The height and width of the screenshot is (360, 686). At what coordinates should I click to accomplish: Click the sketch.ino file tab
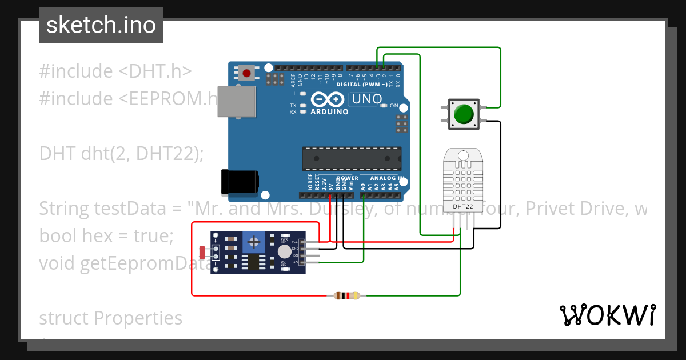pyautogui.click(x=101, y=25)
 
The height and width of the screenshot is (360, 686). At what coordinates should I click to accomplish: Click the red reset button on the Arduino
pyautogui.click(x=247, y=73)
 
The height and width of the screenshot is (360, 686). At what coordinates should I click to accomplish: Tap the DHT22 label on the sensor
pyautogui.click(x=462, y=206)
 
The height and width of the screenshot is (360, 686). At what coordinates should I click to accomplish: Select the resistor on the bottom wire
pyautogui.click(x=346, y=295)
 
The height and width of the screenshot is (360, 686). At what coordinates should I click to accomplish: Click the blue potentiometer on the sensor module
pyautogui.click(x=252, y=242)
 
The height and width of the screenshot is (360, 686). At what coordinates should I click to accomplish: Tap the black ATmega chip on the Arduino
pyautogui.click(x=351, y=159)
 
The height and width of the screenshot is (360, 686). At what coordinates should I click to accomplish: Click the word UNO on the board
pyautogui.click(x=366, y=99)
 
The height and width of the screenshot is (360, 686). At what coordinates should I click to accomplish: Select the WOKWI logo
pyautogui.click(x=607, y=315)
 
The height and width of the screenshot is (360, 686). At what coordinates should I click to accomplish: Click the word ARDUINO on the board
pyautogui.click(x=329, y=112)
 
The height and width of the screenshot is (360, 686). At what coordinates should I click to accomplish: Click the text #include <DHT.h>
pyautogui.click(x=115, y=71)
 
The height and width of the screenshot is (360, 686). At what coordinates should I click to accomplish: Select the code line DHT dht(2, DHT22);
pyautogui.click(x=121, y=154)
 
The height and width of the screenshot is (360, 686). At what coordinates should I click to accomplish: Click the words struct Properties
pyautogui.click(x=111, y=318)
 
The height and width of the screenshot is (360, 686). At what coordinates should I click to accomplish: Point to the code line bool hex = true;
pyautogui.click(x=106, y=235)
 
